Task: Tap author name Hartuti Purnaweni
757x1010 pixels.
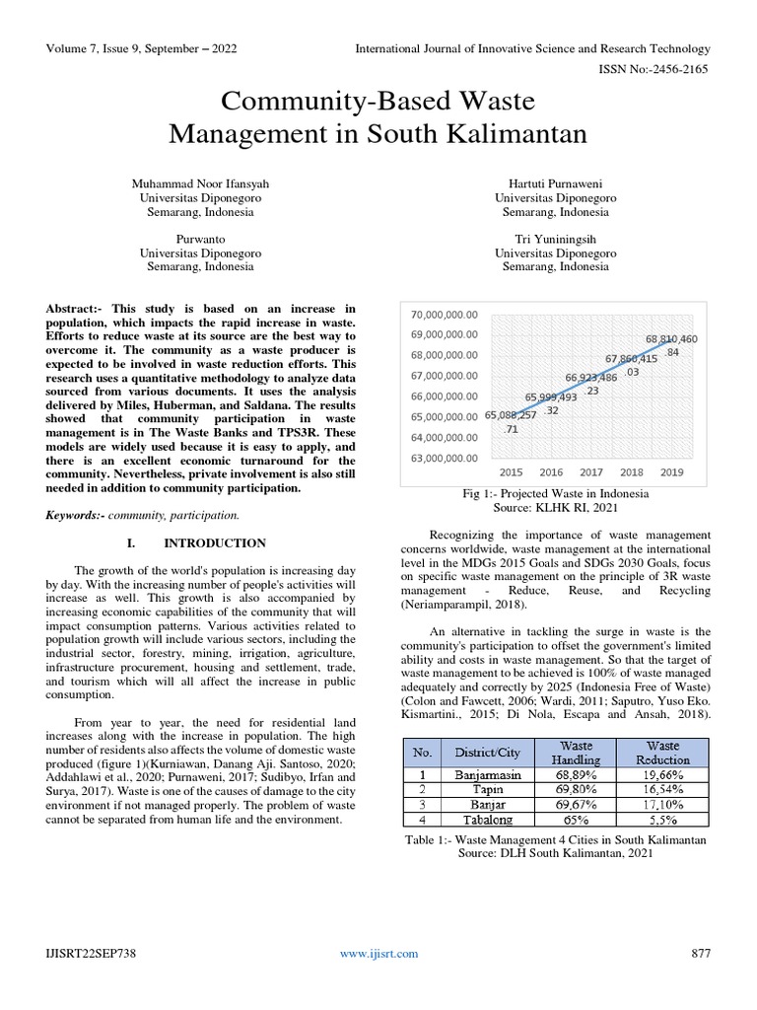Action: (555, 183)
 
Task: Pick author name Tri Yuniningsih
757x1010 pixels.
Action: (555, 239)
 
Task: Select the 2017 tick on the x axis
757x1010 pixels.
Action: (591, 472)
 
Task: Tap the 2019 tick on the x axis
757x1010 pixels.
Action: (672, 472)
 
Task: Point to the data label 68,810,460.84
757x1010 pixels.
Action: (671, 344)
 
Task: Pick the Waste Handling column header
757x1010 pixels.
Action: (577, 754)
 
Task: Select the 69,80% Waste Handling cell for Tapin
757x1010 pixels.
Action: (577, 790)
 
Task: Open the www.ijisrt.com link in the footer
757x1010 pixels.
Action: (378, 953)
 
